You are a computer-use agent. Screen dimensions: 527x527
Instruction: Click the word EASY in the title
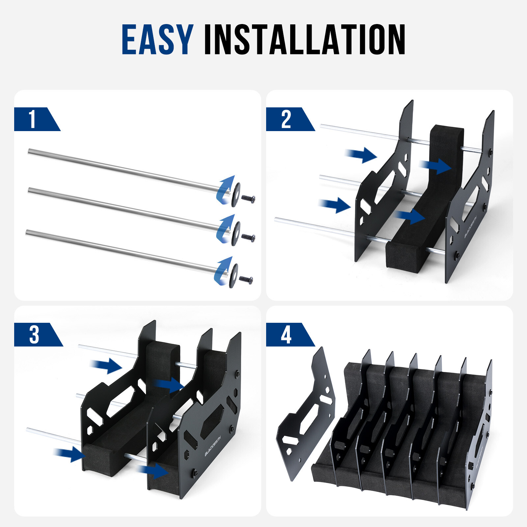tap(157, 40)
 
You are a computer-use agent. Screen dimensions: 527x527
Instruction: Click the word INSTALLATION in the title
tap(304, 40)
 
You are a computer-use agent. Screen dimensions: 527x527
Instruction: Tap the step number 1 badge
tap(32, 119)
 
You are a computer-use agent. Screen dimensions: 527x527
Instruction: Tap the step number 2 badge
tap(286, 119)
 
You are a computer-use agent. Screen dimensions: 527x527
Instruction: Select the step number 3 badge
tap(34, 335)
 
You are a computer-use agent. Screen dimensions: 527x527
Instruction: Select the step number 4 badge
tap(286, 335)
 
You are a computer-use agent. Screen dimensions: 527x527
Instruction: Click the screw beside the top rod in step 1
tap(249, 199)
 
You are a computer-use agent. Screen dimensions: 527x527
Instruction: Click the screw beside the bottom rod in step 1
tap(246, 280)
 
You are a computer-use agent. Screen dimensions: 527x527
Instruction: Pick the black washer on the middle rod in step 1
tap(236, 233)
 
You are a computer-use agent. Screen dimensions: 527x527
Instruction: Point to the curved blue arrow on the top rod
tap(225, 189)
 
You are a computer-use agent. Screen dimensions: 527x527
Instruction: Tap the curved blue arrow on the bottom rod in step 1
tap(223, 270)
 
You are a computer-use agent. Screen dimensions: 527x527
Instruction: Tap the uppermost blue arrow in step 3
tap(106, 366)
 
